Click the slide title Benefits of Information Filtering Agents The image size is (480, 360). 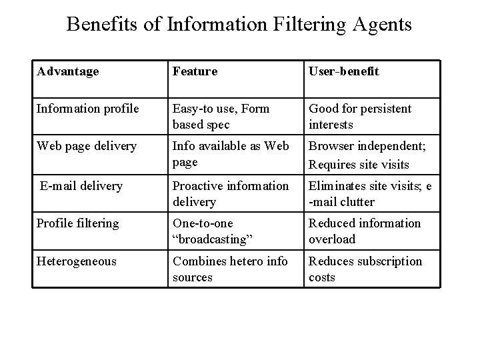(x=239, y=25)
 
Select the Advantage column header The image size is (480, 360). (x=68, y=71)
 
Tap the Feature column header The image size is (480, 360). (x=195, y=71)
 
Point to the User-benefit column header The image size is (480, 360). (x=343, y=71)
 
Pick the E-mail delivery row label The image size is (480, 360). (x=81, y=186)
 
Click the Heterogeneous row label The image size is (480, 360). (x=77, y=261)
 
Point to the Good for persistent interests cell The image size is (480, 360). (x=360, y=117)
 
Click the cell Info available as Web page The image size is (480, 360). (x=230, y=154)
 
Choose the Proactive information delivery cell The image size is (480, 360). (x=231, y=193)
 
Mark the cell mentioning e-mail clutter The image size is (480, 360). (x=370, y=193)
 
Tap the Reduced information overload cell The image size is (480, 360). (x=365, y=231)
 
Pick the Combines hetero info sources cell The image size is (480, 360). (x=230, y=269)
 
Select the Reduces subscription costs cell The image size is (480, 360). (x=365, y=269)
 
